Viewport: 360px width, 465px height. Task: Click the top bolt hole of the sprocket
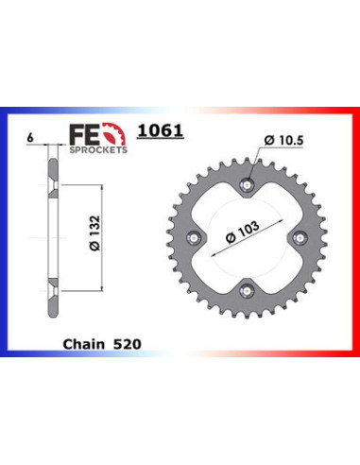[x=249, y=183]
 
